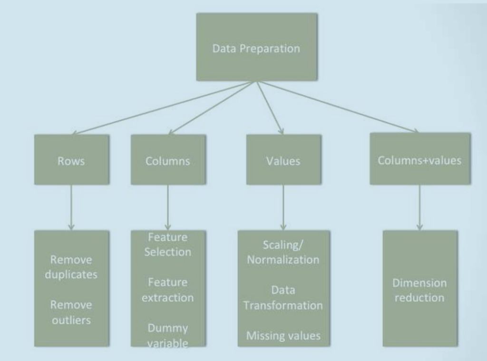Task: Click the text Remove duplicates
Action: click(x=71, y=267)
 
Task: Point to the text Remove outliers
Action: click(x=71, y=312)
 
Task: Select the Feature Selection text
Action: click(x=168, y=244)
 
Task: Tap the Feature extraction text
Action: click(x=168, y=290)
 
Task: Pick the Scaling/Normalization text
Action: click(x=283, y=252)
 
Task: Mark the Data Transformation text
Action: click(x=283, y=297)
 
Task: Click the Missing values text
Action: click(x=283, y=336)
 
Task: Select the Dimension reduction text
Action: click(x=419, y=290)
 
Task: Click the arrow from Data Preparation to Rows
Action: click(x=162, y=108)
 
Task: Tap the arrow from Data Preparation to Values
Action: click(x=270, y=107)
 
